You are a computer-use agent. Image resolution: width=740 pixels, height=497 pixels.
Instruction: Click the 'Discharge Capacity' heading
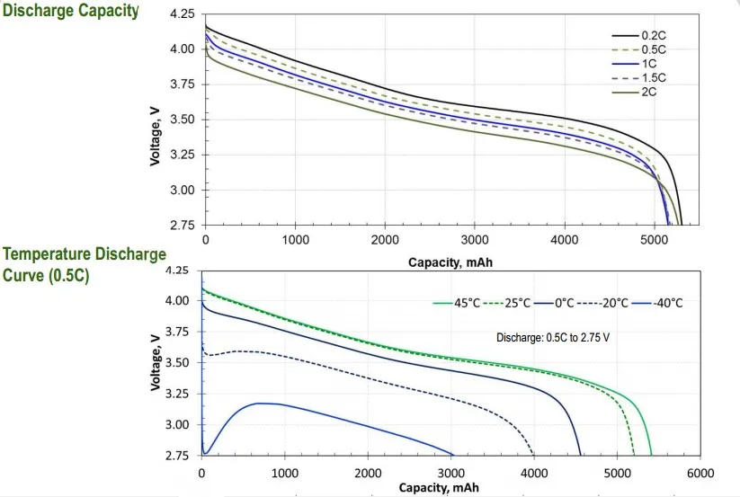tap(72, 11)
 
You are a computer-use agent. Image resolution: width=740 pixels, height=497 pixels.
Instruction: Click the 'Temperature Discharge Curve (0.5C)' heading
tap(84, 264)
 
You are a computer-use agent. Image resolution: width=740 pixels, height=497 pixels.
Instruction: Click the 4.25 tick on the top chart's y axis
tap(183, 15)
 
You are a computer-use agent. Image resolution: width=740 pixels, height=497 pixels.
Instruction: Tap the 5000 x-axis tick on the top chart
tap(654, 241)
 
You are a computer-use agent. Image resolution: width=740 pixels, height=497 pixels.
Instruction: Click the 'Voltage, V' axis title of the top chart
tap(156, 132)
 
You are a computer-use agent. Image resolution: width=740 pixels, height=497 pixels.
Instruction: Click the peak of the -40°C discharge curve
tap(259, 404)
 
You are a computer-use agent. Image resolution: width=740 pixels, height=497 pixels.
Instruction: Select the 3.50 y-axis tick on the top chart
tap(183, 120)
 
